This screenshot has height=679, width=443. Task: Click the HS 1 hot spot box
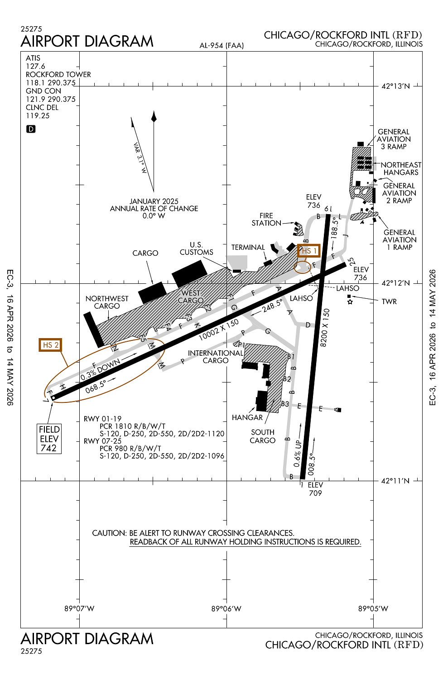[309, 251]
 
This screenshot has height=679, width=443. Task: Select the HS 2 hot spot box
[50, 345]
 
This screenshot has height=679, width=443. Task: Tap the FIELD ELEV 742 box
[49, 439]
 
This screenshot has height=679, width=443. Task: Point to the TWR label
[389, 301]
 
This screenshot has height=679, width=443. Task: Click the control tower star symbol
[350, 302]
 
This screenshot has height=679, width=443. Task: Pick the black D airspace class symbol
[31, 129]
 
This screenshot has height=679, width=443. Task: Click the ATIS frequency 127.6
[35, 66]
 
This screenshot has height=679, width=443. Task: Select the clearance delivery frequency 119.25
[38, 115]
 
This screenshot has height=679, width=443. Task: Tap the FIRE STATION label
[266, 219]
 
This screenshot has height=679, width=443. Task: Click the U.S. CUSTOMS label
[196, 248]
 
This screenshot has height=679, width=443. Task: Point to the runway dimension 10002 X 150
[219, 330]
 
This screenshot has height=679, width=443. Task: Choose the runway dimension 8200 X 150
[325, 328]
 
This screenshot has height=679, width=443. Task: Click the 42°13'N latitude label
[395, 86]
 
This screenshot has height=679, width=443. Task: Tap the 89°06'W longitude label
[226, 608]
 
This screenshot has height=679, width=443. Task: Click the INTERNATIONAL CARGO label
[216, 357]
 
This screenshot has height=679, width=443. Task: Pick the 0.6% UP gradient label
[298, 453]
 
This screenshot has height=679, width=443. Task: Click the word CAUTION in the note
[109, 533]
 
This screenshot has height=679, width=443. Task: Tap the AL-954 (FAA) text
[221, 45]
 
